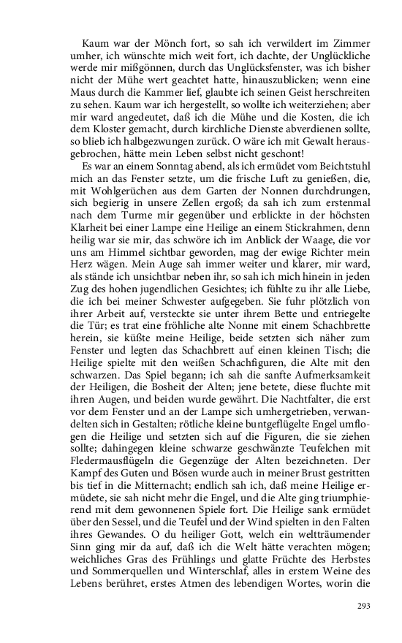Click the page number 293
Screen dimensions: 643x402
point(364,606)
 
